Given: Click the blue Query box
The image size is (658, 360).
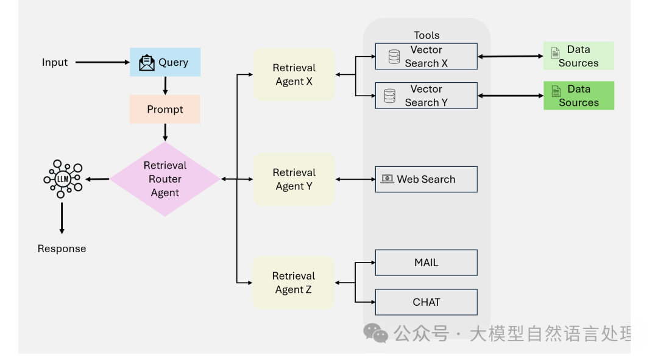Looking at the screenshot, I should pyautogui.click(x=165, y=62).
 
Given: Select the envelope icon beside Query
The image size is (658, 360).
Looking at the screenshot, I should pyautogui.click(x=147, y=63).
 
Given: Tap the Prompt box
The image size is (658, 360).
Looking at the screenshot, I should pyautogui.click(x=165, y=110).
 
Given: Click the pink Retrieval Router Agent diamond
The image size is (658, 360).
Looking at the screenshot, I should pyautogui.click(x=165, y=179).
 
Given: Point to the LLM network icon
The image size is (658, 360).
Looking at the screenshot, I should pyautogui.click(x=63, y=178).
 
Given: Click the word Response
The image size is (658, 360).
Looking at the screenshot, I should pyautogui.click(x=62, y=249).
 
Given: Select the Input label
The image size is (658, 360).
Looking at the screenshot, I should pyautogui.click(x=55, y=62).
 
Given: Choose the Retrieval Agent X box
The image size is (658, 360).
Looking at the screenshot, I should pyautogui.click(x=294, y=75).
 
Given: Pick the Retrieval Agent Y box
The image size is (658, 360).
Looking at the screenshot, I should pyautogui.click(x=294, y=179).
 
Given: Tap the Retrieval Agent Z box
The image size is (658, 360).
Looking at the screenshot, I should pyautogui.click(x=294, y=283).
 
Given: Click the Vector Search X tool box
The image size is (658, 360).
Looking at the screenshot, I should pyautogui.click(x=426, y=57).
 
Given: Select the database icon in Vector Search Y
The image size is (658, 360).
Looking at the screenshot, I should pyautogui.click(x=390, y=96).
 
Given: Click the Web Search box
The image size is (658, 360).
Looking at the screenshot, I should pyautogui.click(x=426, y=179).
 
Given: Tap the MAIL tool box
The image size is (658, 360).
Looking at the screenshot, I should pyautogui.click(x=426, y=263).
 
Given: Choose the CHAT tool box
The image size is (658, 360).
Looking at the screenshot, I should pyautogui.click(x=426, y=302).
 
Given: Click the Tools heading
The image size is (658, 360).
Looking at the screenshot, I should pyautogui.click(x=426, y=35).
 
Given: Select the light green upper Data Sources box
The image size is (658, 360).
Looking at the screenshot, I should pyautogui.click(x=578, y=56).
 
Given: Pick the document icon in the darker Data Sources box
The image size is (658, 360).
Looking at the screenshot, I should pyautogui.click(x=556, y=91).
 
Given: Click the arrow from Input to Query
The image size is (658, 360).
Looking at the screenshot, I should pyautogui.click(x=102, y=62).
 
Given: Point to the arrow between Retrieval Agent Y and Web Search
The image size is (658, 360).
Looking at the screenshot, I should pyautogui.click(x=355, y=179).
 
